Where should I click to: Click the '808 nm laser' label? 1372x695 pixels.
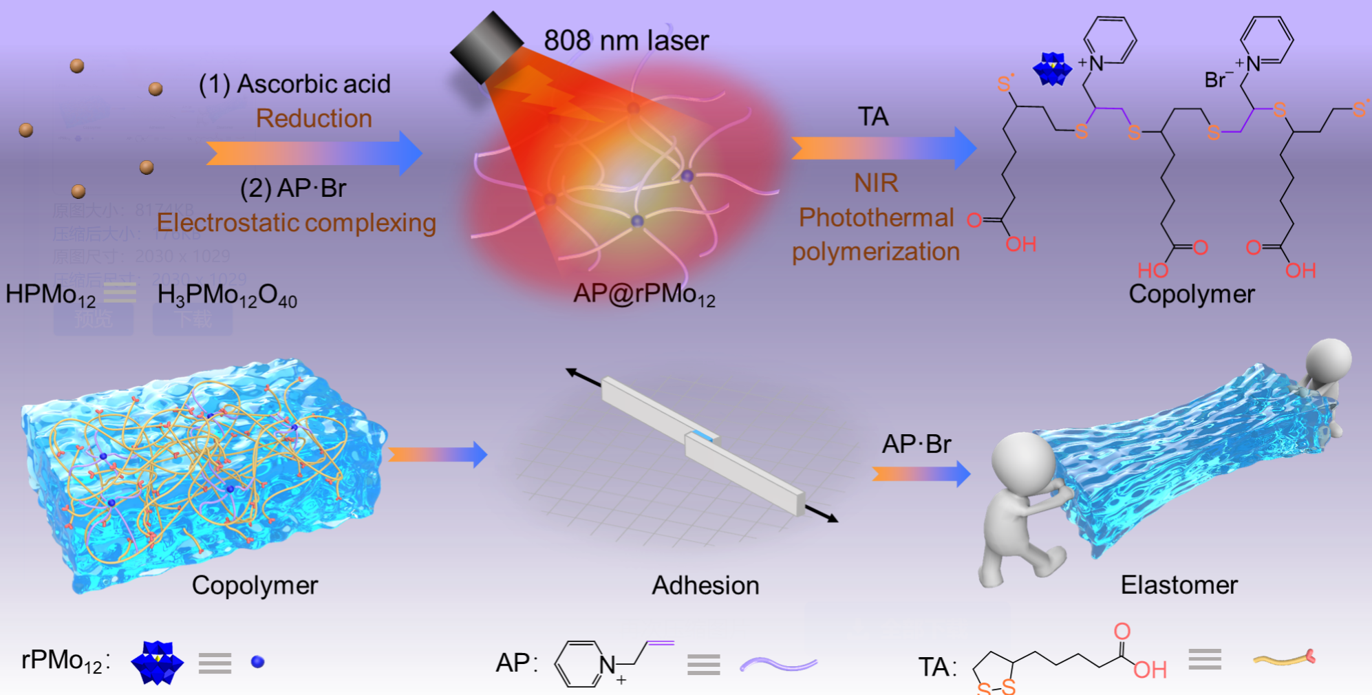pyautogui.click(x=625, y=41)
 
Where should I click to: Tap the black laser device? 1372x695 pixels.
pyautogui.click(x=486, y=47)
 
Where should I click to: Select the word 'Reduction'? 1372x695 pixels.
pyautogui.click(x=314, y=118)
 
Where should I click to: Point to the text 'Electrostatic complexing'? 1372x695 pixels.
pyautogui.click(x=296, y=222)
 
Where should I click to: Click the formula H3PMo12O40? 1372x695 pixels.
pyautogui.click(x=227, y=295)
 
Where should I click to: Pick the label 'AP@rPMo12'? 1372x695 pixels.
pyautogui.click(x=644, y=295)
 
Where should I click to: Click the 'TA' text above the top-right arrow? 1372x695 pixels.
pyautogui.click(x=872, y=116)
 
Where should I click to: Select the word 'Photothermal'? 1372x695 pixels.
pyautogui.click(x=876, y=217)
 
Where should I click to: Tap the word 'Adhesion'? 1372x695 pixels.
pyautogui.click(x=705, y=586)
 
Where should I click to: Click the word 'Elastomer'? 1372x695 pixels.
pyautogui.click(x=1179, y=585)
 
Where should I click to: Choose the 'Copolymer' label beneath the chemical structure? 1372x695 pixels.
pyautogui.click(x=1191, y=294)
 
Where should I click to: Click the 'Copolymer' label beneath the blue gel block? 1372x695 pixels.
pyautogui.click(x=255, y=586)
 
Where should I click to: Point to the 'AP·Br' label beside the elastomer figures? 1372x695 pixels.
pyautogui.click(x=916, y=445)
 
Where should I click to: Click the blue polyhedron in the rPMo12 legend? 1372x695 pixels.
pyautogui.click(x=157, y=663)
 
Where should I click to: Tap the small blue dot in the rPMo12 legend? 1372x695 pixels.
pyautogui.click(x=258, y=662)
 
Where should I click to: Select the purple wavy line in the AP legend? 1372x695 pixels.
pyautogui.click(x=778, y=664)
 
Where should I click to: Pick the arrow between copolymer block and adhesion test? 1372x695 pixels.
pyautogui.click(x=438, y=454)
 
